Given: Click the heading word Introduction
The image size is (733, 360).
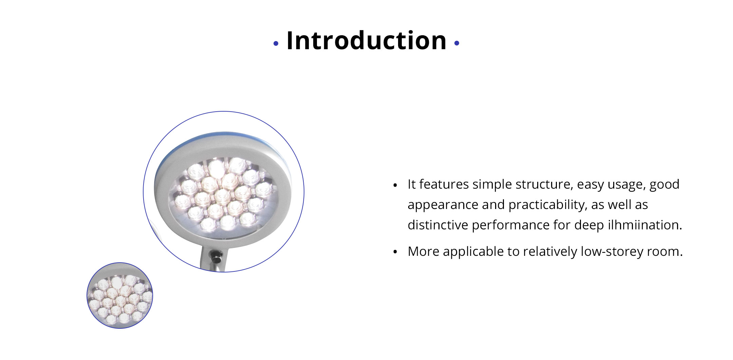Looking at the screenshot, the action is (x=366, y=41).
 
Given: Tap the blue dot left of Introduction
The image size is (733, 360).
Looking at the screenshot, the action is (x=276, y=43).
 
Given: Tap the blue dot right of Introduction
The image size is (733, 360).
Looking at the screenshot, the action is (x=457, y=43).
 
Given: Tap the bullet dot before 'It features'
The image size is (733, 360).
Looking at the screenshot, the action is (x=395, y=185).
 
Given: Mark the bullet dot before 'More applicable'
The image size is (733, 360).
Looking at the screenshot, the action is (x=395, y=252).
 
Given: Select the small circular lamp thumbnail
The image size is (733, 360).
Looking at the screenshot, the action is (x=120, y=296).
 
